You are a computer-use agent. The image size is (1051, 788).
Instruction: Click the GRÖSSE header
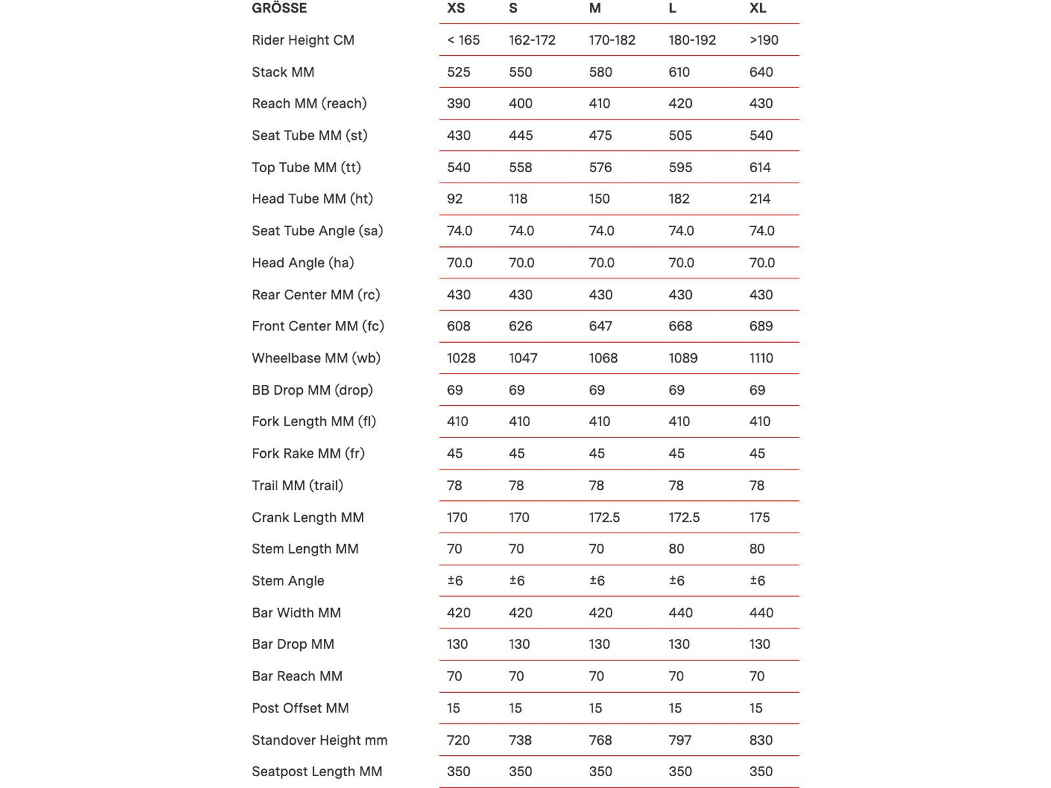279,9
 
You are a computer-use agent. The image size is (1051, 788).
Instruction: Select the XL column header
757,9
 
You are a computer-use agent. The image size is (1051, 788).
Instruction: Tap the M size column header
594,9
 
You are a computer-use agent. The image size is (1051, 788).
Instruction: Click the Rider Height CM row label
303,40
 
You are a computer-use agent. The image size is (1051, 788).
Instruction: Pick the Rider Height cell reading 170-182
612,40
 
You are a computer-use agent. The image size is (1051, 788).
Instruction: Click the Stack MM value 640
761,72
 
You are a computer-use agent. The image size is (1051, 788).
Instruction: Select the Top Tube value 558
520,167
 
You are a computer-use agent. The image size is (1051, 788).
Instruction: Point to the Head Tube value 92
455,199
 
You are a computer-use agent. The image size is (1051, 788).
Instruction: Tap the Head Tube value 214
759,199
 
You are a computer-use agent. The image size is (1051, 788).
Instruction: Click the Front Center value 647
600,326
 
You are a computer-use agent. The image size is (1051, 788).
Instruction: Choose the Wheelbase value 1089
682,359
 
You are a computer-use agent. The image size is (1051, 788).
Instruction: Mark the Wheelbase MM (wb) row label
316,359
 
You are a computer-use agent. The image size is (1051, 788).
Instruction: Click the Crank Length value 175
759,517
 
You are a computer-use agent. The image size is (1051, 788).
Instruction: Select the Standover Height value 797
680,741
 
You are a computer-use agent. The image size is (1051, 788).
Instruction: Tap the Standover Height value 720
458,741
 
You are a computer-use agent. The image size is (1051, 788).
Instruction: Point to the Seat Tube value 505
680,136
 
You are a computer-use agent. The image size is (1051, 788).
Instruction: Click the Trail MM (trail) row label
297,486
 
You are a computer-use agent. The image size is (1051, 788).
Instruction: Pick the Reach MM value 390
458,104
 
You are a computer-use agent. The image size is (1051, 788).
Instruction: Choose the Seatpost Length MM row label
317,772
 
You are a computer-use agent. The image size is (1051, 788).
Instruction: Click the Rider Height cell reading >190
763,40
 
